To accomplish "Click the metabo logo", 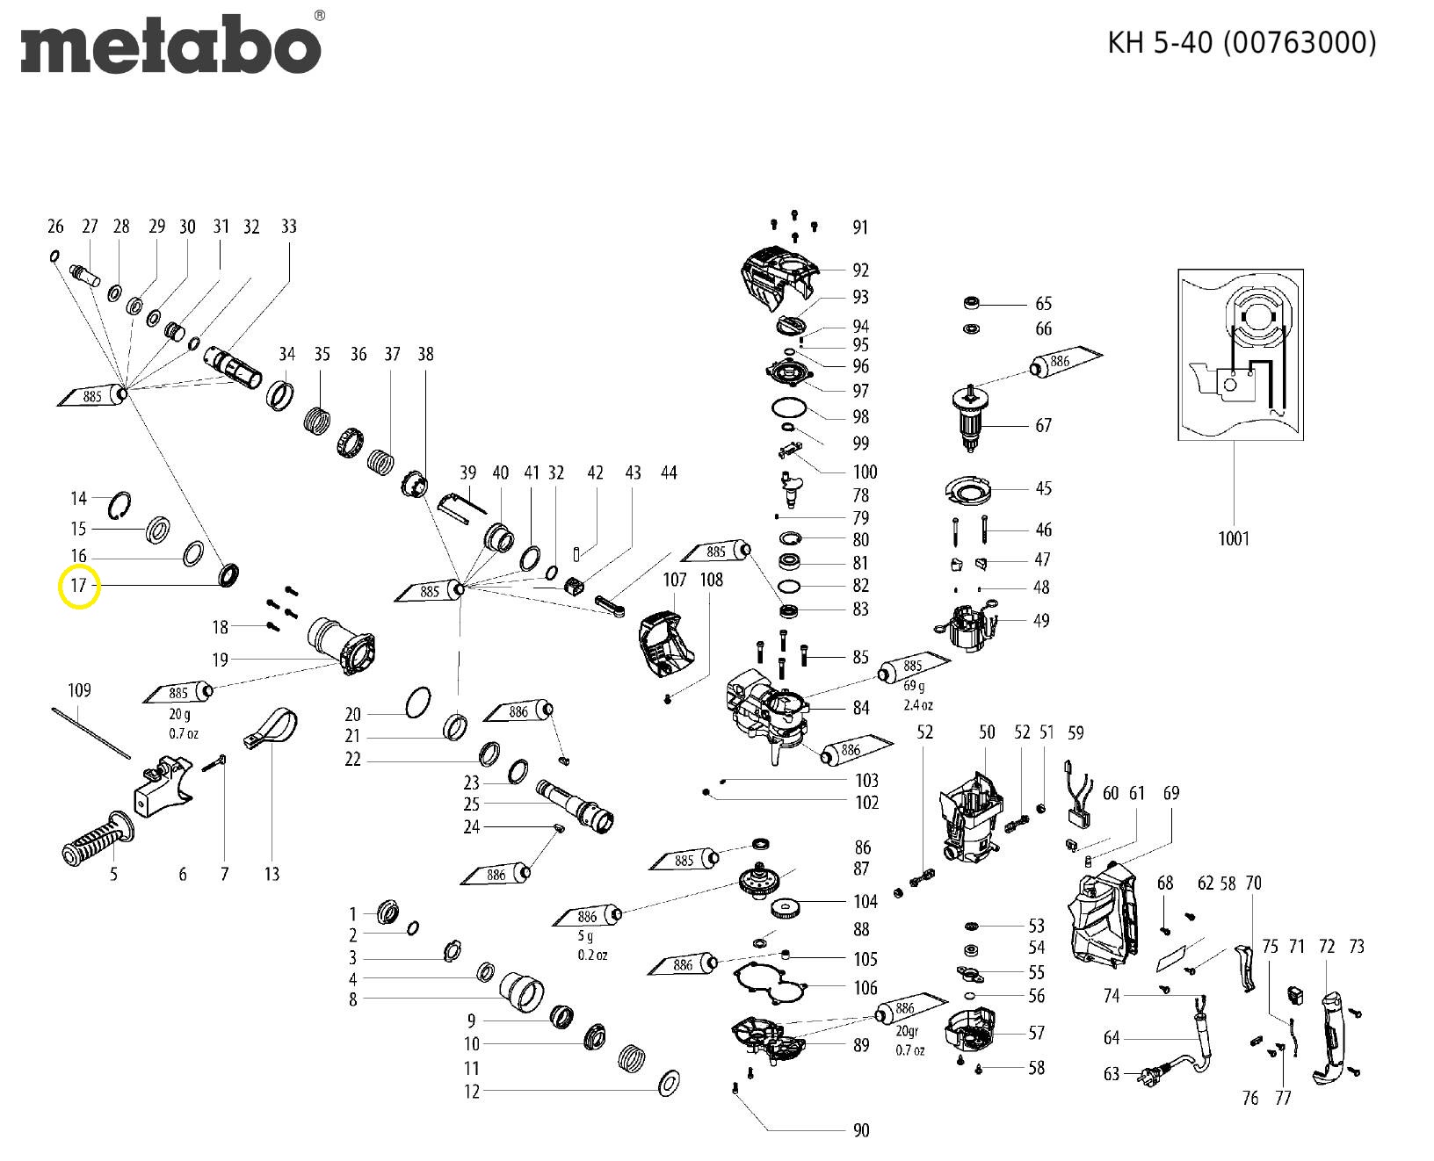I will (x=170, y=44).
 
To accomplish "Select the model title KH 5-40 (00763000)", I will (x=1241, y=42).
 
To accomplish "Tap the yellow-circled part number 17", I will (x=79, y=586).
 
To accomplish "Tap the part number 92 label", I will (x=860, y=270).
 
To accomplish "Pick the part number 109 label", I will (x=79, y=690).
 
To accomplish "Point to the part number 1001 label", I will (x=1233, y=538).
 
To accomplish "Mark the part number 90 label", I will (x=860, y=1130).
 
